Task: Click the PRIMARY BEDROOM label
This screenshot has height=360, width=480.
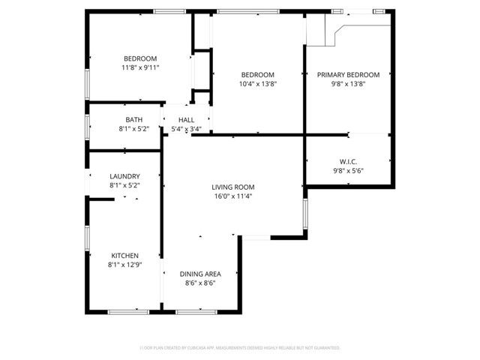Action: tap(348, 75)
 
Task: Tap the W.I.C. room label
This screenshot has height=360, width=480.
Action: tap(348, 161)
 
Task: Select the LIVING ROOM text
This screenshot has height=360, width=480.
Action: tap(232, 187)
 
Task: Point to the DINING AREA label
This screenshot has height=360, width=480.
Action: tap(199, 274)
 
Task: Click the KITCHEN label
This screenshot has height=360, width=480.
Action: tap(124, 255)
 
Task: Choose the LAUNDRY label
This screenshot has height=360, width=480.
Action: tap(124, 176)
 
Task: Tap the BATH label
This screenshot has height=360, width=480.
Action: tap(134, 119)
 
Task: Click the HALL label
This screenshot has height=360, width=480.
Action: tap(186, 119)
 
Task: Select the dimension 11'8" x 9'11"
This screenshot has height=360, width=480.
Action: tap(140, 67)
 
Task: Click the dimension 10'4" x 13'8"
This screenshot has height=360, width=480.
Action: tap(257, 84)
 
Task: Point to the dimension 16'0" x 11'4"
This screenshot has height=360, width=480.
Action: tap(232, 196)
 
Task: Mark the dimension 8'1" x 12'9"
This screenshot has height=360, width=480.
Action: tap(124, 264)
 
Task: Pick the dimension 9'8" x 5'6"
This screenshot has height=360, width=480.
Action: tap(348, 170)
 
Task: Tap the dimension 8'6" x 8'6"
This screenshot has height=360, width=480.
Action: tap(199, 283)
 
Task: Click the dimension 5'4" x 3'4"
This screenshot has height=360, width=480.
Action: tap(186, 128)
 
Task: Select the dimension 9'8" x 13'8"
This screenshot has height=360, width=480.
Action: tap(348, 84)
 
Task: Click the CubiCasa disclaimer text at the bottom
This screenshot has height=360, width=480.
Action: tap(240, 348)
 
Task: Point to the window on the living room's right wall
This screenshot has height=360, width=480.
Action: tap(304, 217)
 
